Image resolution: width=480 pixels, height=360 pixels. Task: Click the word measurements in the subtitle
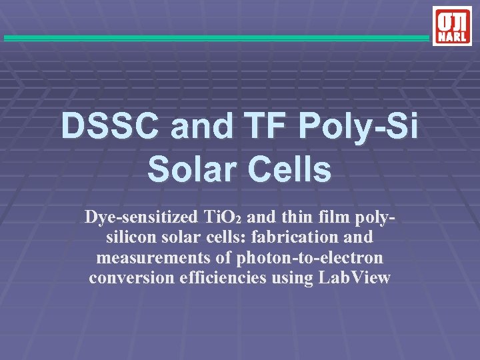[x=148, y=257]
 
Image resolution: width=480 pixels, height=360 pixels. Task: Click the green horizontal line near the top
[x=217, y=38]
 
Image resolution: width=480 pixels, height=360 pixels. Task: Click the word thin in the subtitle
[x=287, y=217]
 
